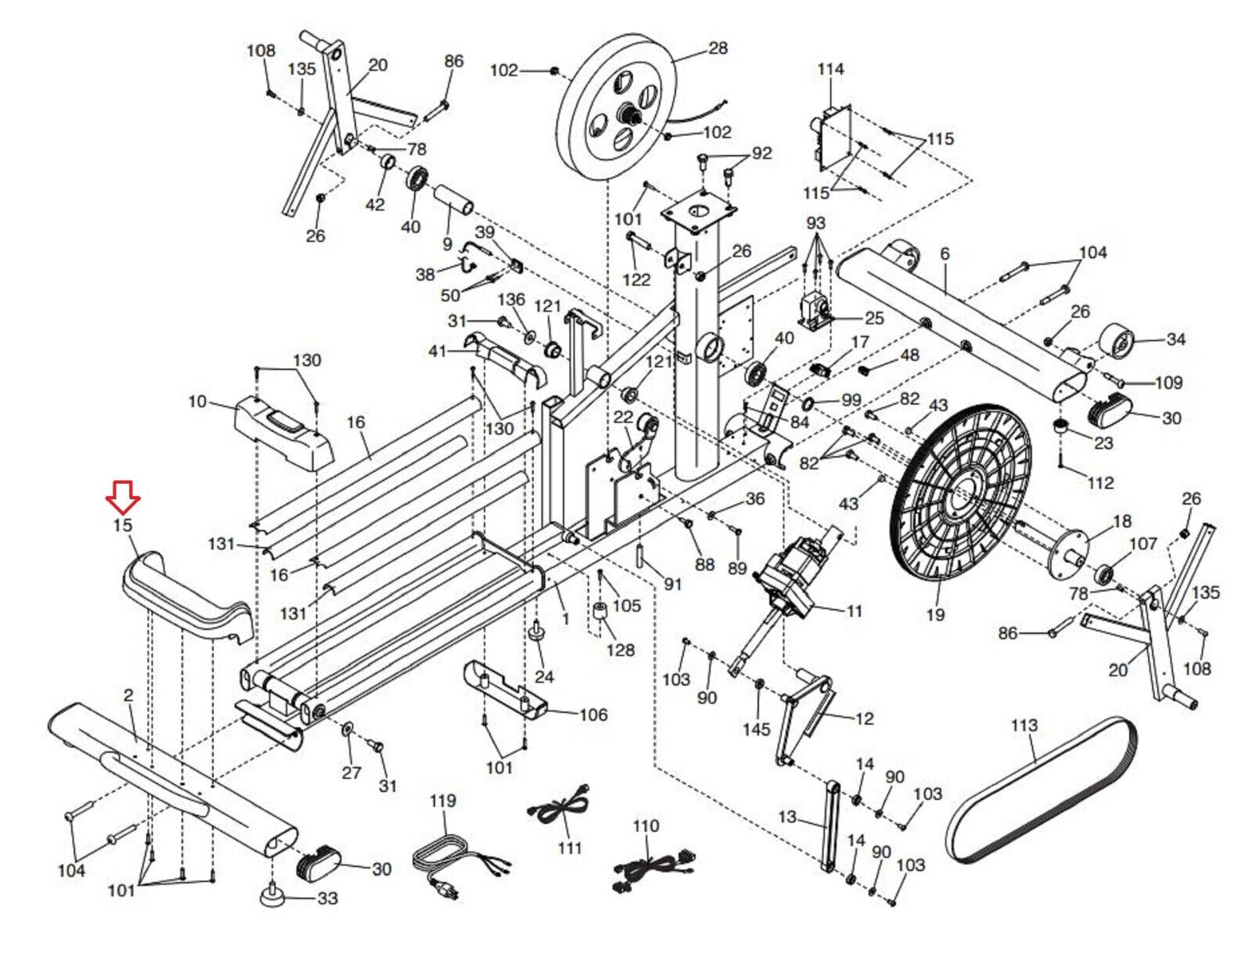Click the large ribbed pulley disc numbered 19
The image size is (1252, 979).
pyautogui.click(x=960, y=491)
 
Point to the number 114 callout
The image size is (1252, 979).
pyautogui.click(x=830, y=69)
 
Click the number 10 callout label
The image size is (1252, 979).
pyautogui.click(x=197, y=401)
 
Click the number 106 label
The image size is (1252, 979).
pyautogui.click(x=593, y=714)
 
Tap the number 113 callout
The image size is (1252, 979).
pyautogui.click(x=1024, y=725)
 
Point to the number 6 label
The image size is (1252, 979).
pyautogui.click(x=944, y=254)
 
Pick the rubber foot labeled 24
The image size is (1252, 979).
pyautogui.click(x=538, y=631)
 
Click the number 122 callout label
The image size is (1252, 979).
pyautogui.click(x=636, y=279)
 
